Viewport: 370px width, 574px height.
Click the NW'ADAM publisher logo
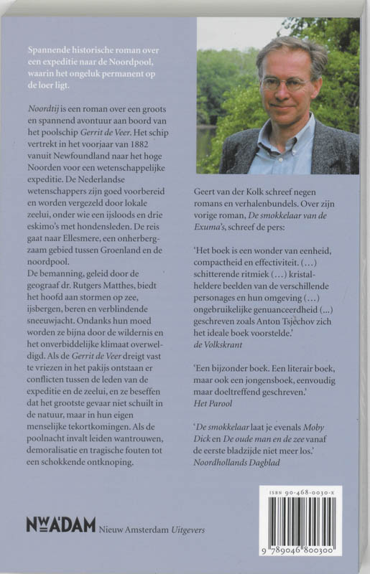click(61, 524)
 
